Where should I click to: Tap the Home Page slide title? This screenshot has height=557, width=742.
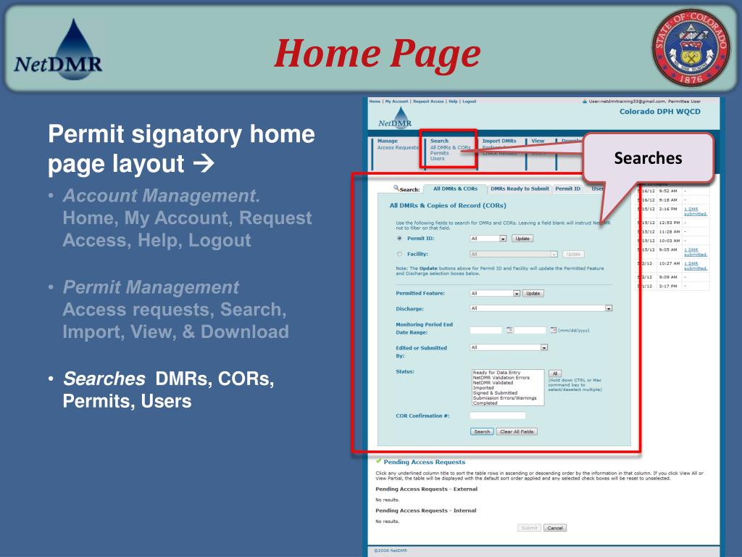377,54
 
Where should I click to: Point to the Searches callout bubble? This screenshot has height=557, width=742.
648,157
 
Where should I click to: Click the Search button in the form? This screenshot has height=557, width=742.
482,432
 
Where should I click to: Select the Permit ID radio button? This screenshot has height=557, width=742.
399,238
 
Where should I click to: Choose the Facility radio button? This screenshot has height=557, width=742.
399,254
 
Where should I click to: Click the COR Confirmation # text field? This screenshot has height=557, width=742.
497,416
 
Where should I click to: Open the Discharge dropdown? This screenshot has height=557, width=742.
541,308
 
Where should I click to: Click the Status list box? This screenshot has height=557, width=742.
507,387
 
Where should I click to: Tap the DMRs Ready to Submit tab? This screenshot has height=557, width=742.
520,189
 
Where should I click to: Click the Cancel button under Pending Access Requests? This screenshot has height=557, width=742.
554,528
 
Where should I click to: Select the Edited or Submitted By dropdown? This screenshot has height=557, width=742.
509,347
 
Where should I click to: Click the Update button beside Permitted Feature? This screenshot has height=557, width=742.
533,293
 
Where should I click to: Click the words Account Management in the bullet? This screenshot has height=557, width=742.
160,196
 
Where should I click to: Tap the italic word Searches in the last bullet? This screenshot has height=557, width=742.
104,379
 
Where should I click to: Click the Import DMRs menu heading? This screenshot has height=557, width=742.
499,141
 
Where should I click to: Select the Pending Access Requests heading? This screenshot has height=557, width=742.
424,461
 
